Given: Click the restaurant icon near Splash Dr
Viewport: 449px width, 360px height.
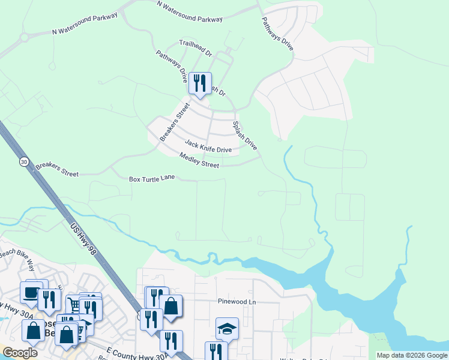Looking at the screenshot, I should click(200, 82).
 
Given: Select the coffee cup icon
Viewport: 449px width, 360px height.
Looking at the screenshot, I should click(29, 292).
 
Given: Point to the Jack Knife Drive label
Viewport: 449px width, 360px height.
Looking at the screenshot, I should click(208, 146).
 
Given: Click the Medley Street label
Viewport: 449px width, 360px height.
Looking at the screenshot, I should click(199, 160).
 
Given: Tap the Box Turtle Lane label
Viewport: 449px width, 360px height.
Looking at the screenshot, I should click(152, 179).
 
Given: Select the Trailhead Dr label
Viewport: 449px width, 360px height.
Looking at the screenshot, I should click(196, 48).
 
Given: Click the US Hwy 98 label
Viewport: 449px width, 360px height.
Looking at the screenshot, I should click(83, 238).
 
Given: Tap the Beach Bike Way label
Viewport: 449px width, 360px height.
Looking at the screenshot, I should click(18, 256).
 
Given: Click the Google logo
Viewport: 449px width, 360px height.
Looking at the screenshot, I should click(20, 353).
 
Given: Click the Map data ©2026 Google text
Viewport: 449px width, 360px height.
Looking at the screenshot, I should click(411, 355).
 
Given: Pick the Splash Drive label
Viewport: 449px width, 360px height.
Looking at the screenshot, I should click(245, 136).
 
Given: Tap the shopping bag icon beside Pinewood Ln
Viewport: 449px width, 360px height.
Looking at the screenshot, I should click(171, 306).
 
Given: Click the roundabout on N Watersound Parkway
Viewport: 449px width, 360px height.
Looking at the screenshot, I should click(25, 37).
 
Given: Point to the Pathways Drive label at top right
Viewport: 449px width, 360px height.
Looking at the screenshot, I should click(277, 33).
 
